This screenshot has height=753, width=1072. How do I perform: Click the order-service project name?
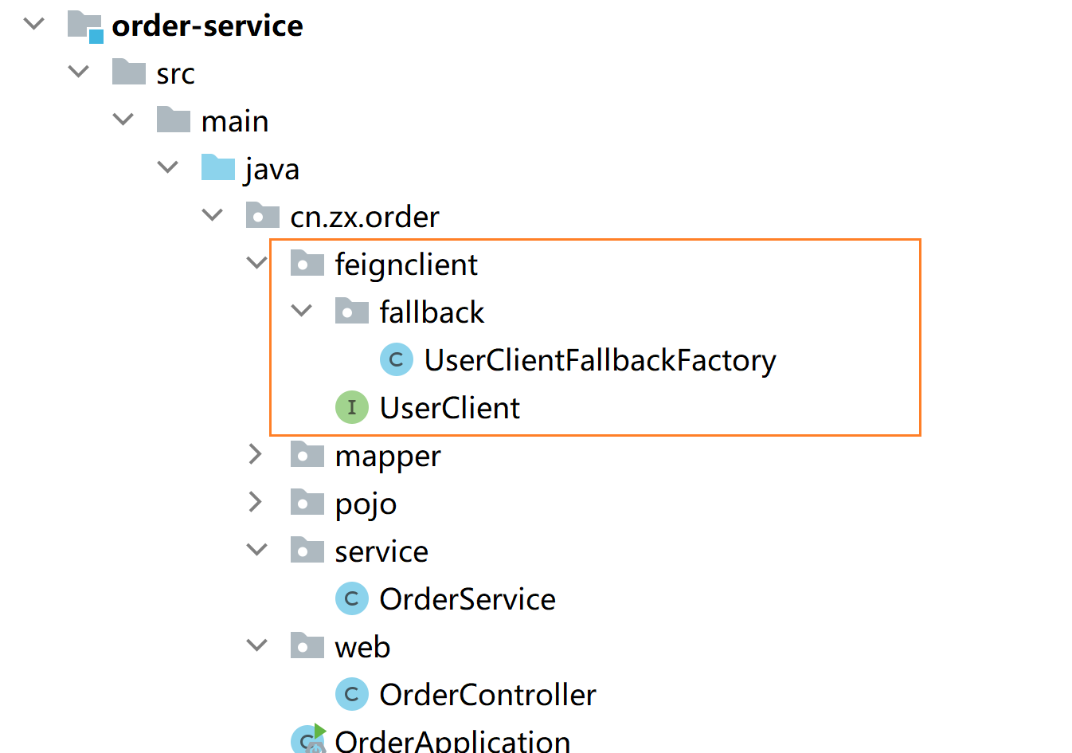pos(207,25)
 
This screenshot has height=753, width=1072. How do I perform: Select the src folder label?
pos(176,74)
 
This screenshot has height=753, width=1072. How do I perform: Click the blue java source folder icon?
pos(218,167)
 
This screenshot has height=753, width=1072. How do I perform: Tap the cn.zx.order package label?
pos(365,217)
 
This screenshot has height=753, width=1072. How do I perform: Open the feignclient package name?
pos(406,264)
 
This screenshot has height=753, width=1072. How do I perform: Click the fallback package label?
pos(432,312)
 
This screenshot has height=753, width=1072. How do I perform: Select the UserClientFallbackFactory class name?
pos(601,360)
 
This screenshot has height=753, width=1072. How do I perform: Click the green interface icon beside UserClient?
pos(352,407)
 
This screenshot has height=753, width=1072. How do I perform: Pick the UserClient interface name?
pos(450,408)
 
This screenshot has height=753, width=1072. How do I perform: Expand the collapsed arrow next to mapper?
pos(256,454)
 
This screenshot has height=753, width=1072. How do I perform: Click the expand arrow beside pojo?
pos(256,502)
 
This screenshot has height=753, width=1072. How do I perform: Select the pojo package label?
pos(366,504)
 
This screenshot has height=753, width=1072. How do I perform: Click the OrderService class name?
pos(467,599)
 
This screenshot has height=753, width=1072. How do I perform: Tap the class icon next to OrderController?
pos(352,694)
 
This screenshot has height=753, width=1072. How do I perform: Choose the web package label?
pos(362,647)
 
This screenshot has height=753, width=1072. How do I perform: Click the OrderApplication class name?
pos(452,741)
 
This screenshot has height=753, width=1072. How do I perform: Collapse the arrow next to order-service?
pos(34,23)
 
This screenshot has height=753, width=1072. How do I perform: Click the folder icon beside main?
pos(174,120)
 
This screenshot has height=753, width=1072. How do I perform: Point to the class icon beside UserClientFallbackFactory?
pos(397,359)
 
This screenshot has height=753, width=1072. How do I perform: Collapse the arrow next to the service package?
pos(256,550)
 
